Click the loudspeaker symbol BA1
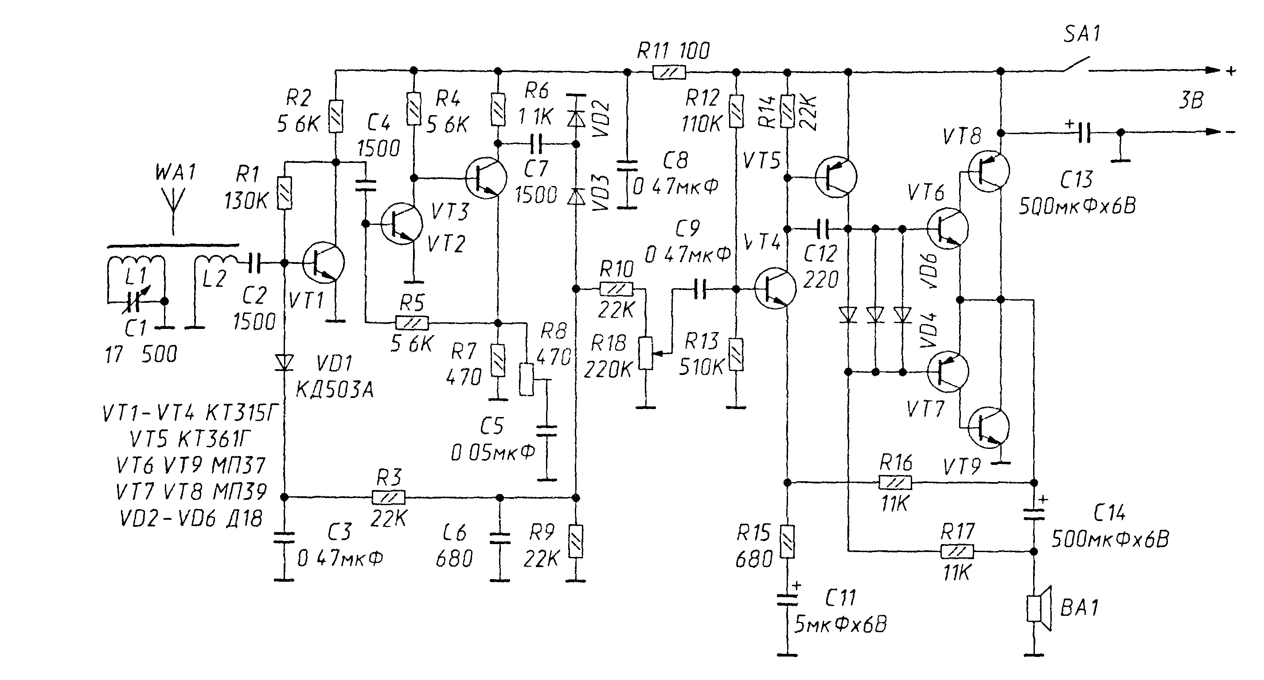click(1039, 608)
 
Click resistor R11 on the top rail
click(669, 73)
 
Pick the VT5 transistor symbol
click(835, 177)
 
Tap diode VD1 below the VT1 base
click(284, 363)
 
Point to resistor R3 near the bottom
click(389, 498)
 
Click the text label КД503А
click(335, 390)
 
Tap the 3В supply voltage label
click(1191, 100)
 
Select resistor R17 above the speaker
click(957, 552)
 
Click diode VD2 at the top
click(576, 118)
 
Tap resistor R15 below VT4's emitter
click(787, 541)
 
